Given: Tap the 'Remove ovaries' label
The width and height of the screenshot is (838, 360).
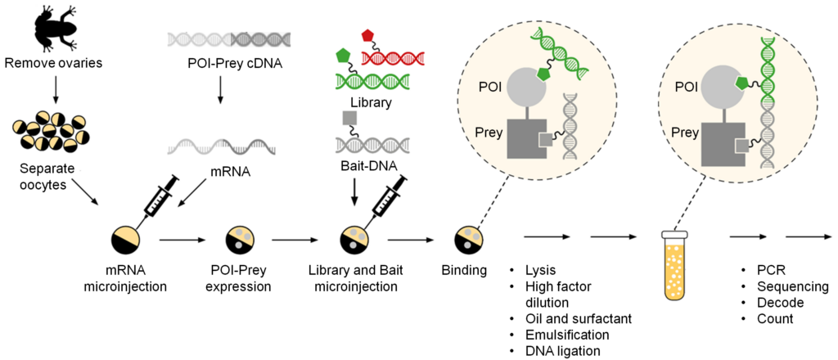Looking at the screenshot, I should tap(54, 62).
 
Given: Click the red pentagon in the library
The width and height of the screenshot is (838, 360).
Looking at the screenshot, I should tap(369, 35).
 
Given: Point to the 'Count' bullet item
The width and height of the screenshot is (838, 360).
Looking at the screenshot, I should tap(775, 318).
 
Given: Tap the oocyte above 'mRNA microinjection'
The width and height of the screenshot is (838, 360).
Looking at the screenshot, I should tap(125, 239).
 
